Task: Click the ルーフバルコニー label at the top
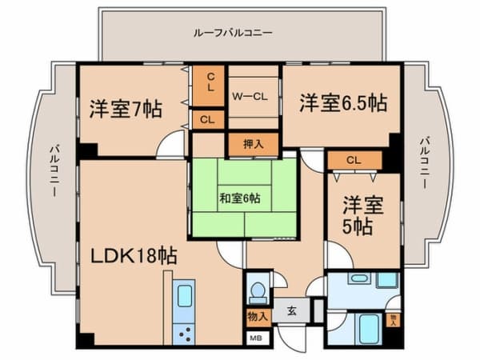(x=233, y=34)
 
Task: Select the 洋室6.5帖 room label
(x=343, y=103)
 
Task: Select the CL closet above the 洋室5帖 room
(x=353, y=160)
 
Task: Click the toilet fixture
(x=257, y=289)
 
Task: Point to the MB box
(x=257, y=338)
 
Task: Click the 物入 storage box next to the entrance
(x=257, y=317)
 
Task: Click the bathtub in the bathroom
(x=369, y=329)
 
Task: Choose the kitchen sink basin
(x=185, y=294)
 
